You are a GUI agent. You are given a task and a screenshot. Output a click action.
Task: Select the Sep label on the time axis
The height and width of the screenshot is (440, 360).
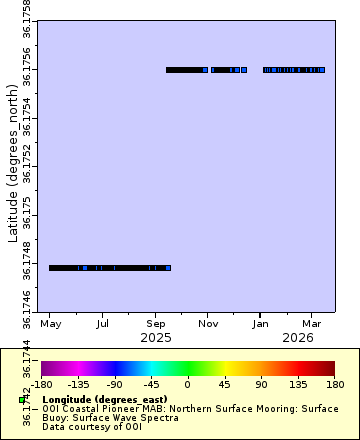point(155,325)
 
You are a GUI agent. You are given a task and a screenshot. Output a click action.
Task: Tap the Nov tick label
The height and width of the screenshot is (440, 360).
point(208,325)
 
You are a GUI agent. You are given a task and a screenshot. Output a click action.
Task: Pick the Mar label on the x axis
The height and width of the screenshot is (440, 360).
point(311,325)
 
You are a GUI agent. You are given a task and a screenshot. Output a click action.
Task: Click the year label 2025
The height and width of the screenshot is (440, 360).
point(155,338)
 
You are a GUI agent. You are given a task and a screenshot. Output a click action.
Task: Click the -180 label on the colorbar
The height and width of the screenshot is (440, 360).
point(42,383)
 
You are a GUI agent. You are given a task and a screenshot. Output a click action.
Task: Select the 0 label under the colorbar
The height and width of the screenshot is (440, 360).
point(187,383)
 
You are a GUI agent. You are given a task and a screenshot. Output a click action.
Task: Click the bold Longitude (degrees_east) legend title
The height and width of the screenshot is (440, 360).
point(105,399)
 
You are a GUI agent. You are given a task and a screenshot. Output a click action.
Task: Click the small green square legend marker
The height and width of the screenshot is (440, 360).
point(21,400)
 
